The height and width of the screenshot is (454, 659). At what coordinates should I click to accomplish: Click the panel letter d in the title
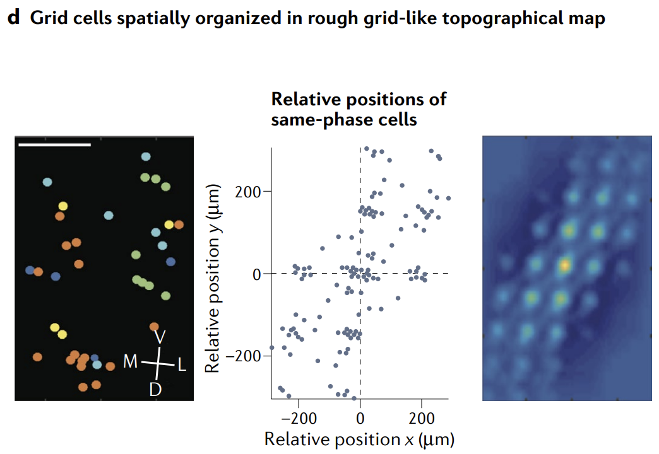click(x=13, y=18)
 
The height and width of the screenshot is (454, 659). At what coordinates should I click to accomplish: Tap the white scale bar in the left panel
click(x=55, y=144)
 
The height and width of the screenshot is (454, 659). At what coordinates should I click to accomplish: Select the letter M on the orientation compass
click(x=131, y=363)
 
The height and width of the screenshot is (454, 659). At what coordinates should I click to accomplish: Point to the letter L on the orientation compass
click(x=182, y=364)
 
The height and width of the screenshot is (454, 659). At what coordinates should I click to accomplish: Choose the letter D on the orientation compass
click(x=155, y=389)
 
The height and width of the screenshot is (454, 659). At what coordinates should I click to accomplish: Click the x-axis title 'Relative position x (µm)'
click(x=359, y=439)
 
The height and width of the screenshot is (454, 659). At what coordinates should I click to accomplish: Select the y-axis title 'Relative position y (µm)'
click(x=215, y=277)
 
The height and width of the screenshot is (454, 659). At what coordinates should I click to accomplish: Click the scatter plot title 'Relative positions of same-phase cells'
click(x=359, y=109)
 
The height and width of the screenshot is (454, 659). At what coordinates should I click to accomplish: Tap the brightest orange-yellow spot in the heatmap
click(x=565, y=265)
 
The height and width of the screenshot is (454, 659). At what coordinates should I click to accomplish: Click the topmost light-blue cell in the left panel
click(x=146, y=156)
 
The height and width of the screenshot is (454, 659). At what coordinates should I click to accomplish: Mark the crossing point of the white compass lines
click(x=158, y=363)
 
